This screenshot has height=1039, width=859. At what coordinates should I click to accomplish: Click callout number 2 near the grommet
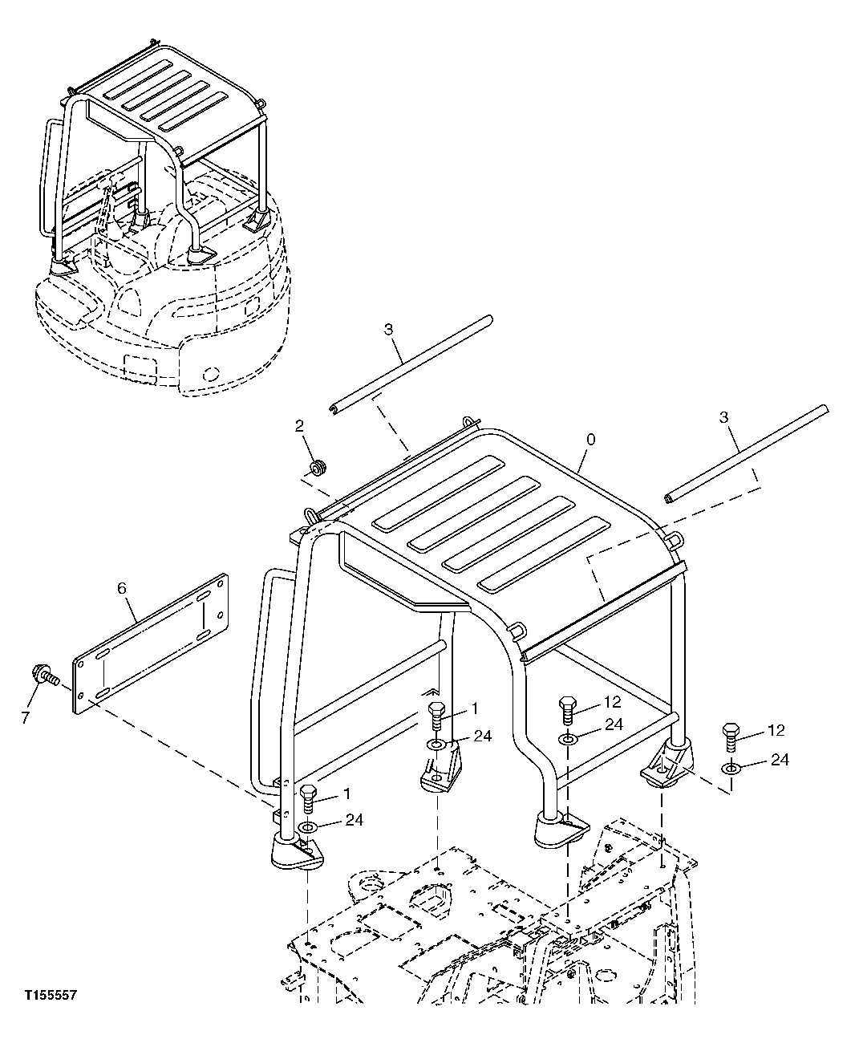(300, 426)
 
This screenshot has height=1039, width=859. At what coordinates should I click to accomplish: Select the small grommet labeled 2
(318, 466)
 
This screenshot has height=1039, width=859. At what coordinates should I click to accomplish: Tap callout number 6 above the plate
(122, 588)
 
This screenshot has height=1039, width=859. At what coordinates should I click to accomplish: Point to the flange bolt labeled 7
(42, 677)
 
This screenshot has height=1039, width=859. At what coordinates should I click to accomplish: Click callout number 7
(25, 716)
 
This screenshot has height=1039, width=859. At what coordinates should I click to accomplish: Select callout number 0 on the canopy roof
(591, 440)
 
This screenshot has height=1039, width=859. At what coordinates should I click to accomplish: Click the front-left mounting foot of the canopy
(295, 852)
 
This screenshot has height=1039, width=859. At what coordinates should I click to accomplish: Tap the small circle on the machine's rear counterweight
(212, 374)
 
